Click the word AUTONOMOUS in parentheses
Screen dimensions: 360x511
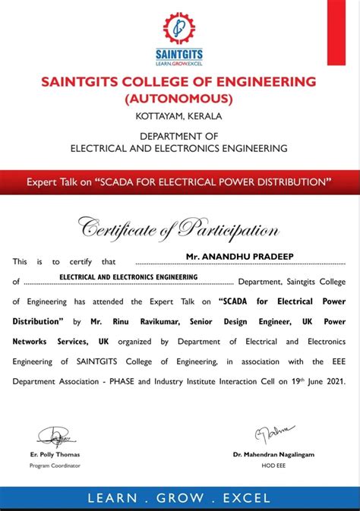coord(180,99)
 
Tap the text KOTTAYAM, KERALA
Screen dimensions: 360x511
coord(179,116)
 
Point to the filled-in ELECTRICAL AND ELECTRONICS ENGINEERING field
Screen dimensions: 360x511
coord(128,278)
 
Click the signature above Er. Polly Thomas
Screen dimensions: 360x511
coord(54,436)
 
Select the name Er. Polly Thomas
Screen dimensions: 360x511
coord(55,454)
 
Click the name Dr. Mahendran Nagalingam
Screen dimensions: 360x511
coord(273,454)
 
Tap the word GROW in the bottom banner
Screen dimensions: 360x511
coord(180,498)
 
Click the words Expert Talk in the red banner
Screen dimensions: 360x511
coord(49,182)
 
